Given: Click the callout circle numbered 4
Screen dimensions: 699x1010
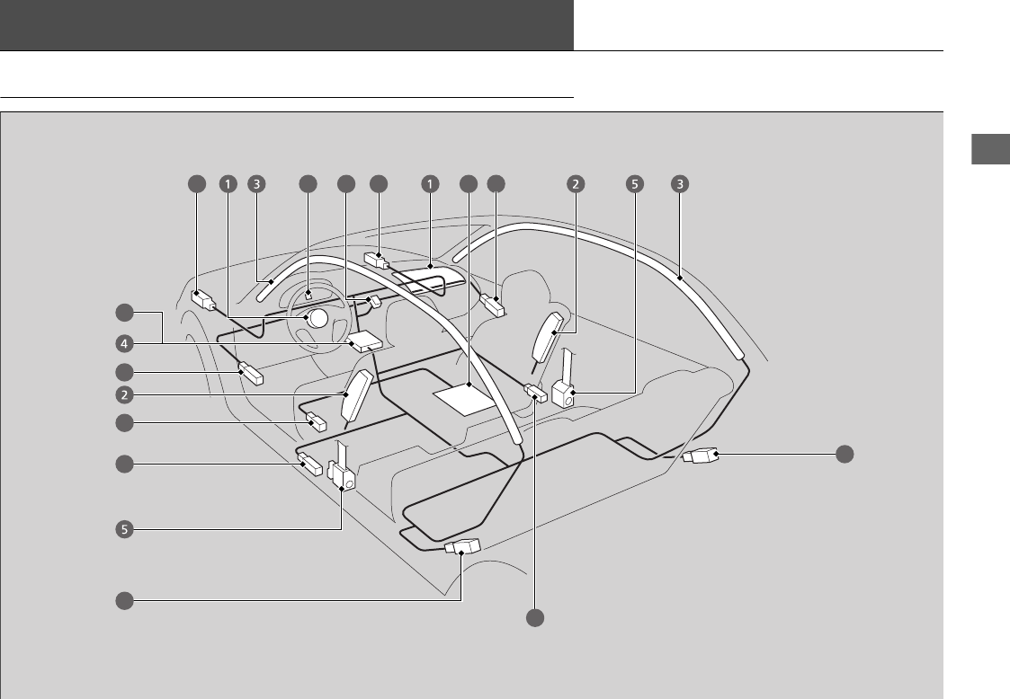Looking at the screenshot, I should (x=124, y=342).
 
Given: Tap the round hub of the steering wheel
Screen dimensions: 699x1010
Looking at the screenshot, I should (x=315, y=318).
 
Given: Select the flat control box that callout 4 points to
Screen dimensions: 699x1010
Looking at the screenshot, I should (x=364, y=341).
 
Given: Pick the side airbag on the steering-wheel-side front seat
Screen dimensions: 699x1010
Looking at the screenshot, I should (x=355, y=395).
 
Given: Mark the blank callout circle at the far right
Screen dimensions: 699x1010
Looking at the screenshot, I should (x=844, y=455).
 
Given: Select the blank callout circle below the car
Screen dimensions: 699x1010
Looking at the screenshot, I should (x=535, y=618).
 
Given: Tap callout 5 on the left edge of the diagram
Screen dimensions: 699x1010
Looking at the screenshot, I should (x=124, y=529).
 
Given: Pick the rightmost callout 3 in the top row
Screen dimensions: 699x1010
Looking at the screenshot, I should (x=680, y=184).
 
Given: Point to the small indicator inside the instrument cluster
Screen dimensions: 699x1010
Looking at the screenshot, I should (x=308, y=293).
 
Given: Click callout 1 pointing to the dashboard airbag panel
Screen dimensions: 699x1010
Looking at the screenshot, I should (x=431, y=184).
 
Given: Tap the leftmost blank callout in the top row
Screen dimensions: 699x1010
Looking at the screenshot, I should (x=196, y=184).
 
